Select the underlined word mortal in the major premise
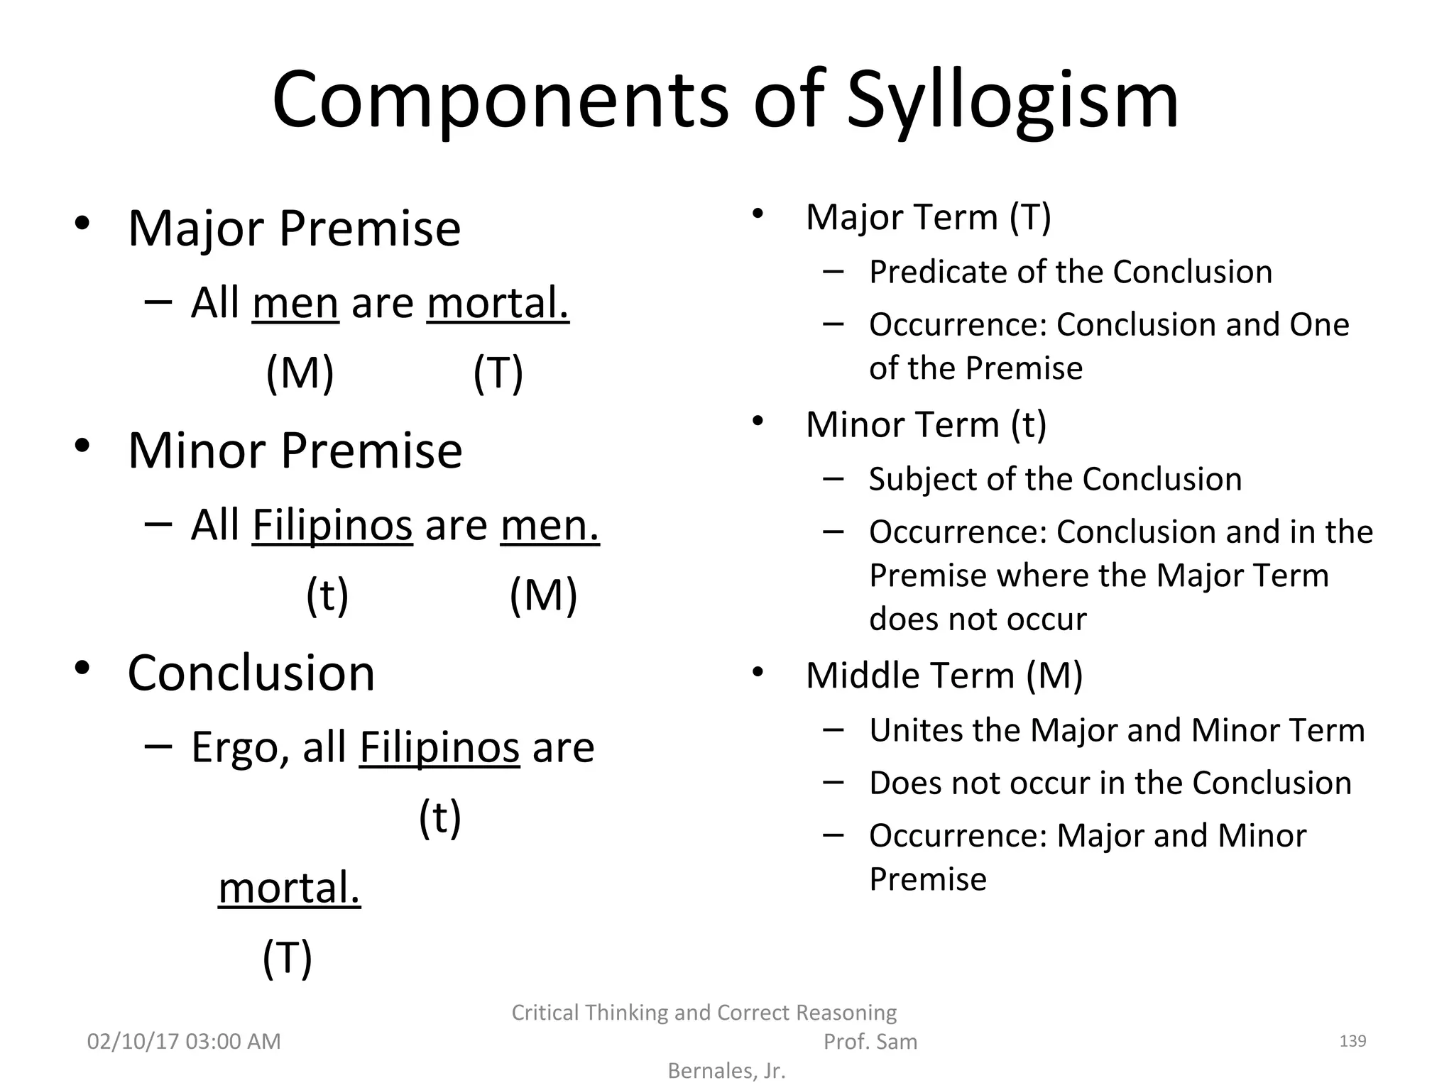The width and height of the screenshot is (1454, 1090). pos(497,303)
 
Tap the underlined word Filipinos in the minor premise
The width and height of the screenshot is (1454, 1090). pos(332,525)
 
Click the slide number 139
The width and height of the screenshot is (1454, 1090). pos(1352,1041)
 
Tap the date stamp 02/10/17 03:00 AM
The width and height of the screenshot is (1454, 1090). pos(184,1041)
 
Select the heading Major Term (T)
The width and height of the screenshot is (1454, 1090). pos(928,217)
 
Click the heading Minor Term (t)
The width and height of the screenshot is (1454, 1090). pos(926,424)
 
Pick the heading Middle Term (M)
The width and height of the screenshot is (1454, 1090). pos(944,675)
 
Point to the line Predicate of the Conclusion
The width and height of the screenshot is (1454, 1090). pos(1070,272)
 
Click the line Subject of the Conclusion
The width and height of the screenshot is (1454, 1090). pos(1055,479)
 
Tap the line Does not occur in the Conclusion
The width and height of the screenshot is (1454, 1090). pos(1110,783)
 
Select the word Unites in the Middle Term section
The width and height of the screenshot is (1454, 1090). pos(914,730)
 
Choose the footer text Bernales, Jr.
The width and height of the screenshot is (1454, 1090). pos(726,1071)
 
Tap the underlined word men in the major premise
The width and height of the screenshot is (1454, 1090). pos(295,303)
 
